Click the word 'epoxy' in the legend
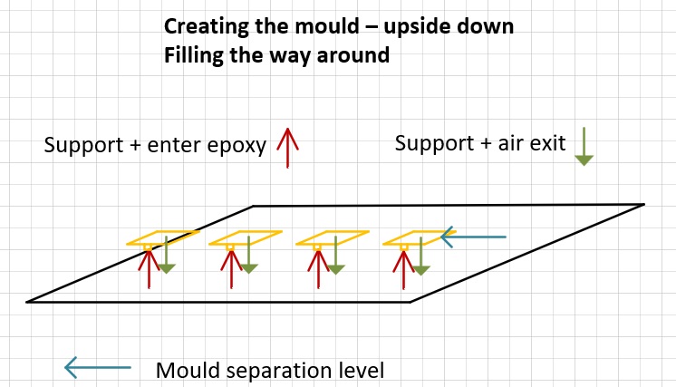pyautogui.click(x=242, y=146)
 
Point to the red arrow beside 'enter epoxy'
pyautogui.click(x=287, y=147)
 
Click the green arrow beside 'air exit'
pyautogui.click(x=584, y=146)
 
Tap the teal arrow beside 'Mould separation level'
pyautogui.click(x=97, y=367)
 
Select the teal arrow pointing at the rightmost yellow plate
pyautogui.click(x=473, y=237)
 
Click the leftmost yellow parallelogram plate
pyautogui.click(x=163, y=237)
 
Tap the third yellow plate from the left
pyautogui.click(x=333, y=237)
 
